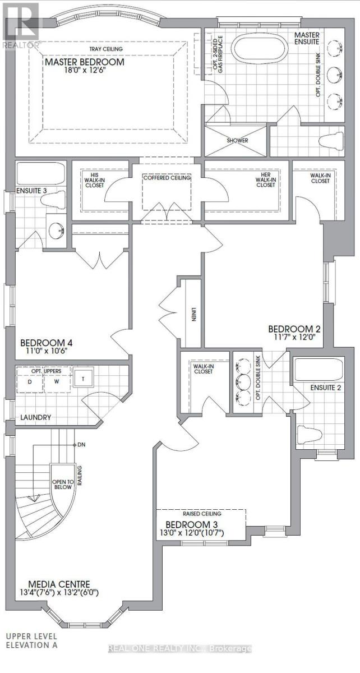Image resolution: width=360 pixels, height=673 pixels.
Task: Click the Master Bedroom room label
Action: [85, 62]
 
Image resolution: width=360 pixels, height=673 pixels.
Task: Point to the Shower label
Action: [237, 141]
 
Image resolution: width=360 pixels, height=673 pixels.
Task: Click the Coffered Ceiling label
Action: [166, 178]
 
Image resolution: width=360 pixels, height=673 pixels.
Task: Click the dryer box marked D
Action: [30, 381]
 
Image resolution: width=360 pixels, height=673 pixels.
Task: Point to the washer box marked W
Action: [56, 381]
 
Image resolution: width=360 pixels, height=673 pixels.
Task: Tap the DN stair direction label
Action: [81, 444]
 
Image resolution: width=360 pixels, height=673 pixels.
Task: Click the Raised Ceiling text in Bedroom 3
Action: [201, 513]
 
